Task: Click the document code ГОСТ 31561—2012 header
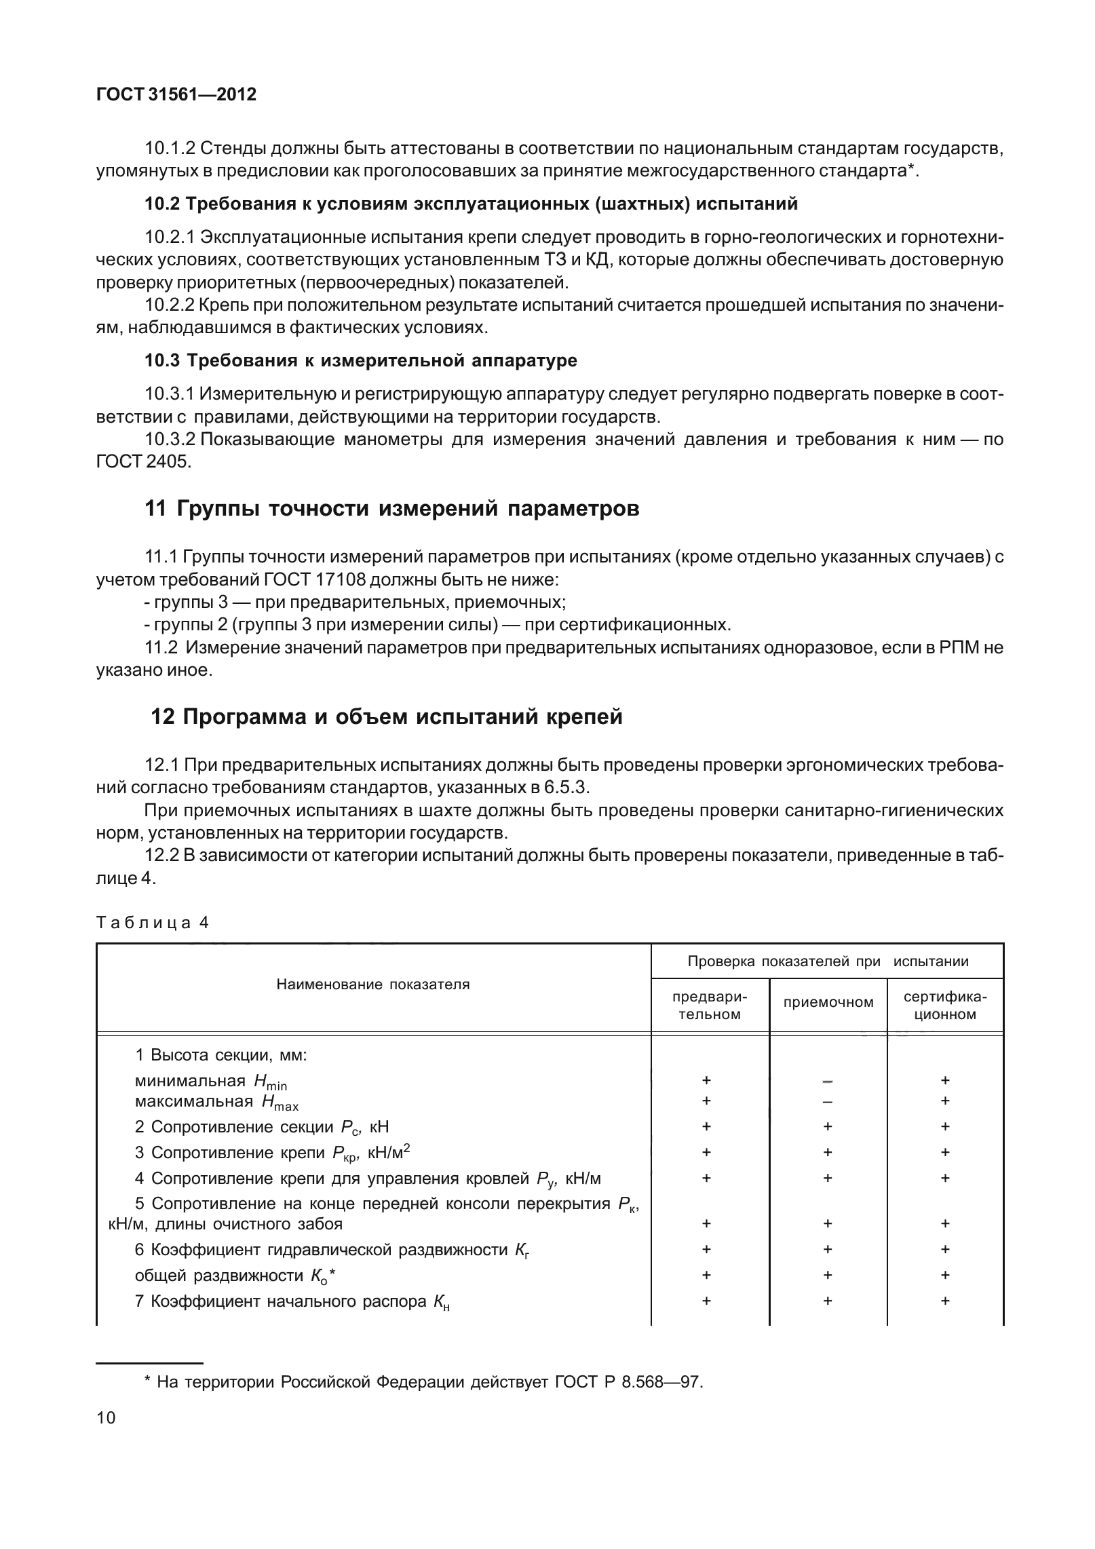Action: coord(176,95)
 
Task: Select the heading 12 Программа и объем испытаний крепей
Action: coord(386,716)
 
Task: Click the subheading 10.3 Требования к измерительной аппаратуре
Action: coord(361,360)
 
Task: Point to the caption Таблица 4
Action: coord(153,923)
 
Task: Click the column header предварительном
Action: coord(709,1006)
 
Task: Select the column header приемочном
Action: coord(828,1003)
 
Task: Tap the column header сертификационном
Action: coord(945,1006)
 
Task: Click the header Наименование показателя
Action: coord(372,984)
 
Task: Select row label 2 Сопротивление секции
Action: coord(261,1127)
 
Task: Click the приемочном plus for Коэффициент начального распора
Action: coord(828,1301)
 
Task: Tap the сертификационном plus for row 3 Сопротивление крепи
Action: coord(945,1152)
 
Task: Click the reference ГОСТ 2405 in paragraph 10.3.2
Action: coord(144,462)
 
